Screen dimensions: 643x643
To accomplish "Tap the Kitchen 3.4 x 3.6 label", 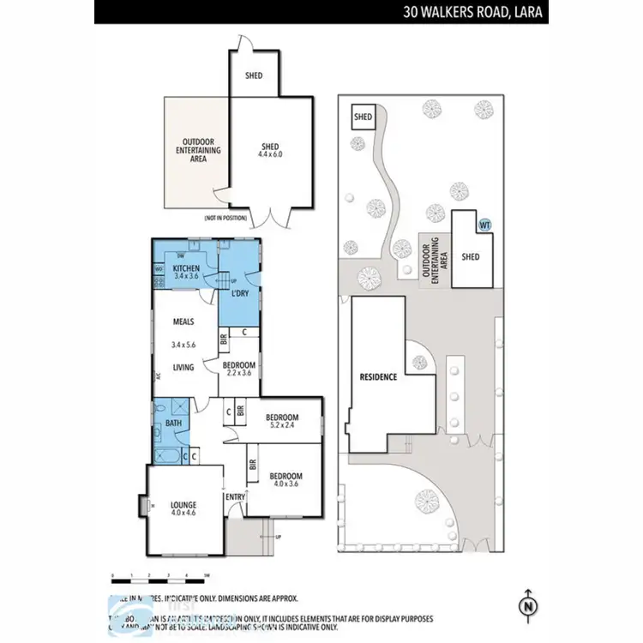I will coord(186,273).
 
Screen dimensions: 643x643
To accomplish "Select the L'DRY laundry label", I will coord(240,294).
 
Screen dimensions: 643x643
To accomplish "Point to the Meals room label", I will coord(183,322).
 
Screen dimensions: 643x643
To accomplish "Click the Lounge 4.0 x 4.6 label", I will coord(183,508).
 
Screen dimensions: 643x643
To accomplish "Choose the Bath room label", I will coord(173,423).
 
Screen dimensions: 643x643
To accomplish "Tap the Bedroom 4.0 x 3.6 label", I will coord(285,480).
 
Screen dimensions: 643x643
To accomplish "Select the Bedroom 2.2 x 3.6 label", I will coord(240,368).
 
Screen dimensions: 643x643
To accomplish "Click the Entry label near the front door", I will coord(235,496).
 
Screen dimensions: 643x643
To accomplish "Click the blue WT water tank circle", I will coord(484,225).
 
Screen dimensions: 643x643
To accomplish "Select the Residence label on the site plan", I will coord(377,376).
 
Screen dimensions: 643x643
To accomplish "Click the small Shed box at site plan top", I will coord(364,117).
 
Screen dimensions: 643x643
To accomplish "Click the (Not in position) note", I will coord(225,218).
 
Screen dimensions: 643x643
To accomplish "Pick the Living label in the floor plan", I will coord(182,368).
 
